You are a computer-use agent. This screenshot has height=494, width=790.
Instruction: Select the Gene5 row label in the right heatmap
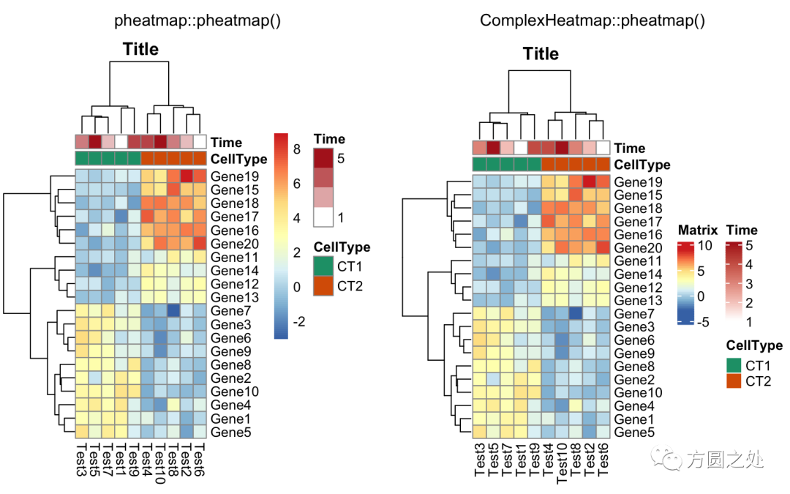pos(634,433)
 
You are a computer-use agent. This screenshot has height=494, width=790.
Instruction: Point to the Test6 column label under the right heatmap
pos(603,457)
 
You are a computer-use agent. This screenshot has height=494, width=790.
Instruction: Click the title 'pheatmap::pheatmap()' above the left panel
pos(197,20)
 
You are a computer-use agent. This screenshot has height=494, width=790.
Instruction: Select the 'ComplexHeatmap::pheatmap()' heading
pos(592,20)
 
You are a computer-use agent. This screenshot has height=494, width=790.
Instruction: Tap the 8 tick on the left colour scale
pos(297,149)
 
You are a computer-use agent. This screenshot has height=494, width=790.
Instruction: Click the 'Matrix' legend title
pos(698,230)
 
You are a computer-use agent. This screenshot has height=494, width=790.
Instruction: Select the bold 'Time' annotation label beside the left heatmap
pos(227,143)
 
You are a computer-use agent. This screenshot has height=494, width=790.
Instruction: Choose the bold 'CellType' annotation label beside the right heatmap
pos(642,165)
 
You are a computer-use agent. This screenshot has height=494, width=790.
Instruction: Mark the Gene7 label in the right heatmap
pos(634,314)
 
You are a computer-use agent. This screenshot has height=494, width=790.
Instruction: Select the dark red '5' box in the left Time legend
pos(324,158)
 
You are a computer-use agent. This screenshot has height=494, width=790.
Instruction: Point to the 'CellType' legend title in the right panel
pos(753,345)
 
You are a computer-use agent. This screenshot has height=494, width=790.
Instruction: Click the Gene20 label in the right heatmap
pos(637,248)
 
